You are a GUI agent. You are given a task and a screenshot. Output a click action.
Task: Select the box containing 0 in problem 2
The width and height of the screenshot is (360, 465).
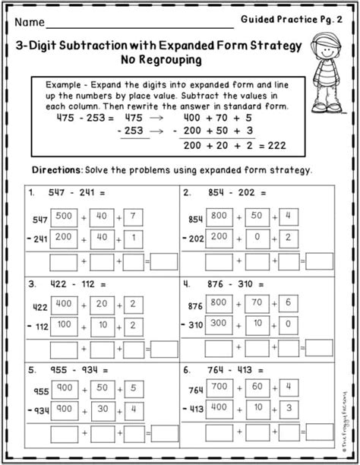(x=257, y=238)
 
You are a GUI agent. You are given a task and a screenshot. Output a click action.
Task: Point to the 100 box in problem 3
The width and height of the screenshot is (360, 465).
(x=64, y=325)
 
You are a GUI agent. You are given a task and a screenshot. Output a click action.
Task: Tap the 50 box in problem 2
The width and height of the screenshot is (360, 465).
(x=257, y=217)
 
